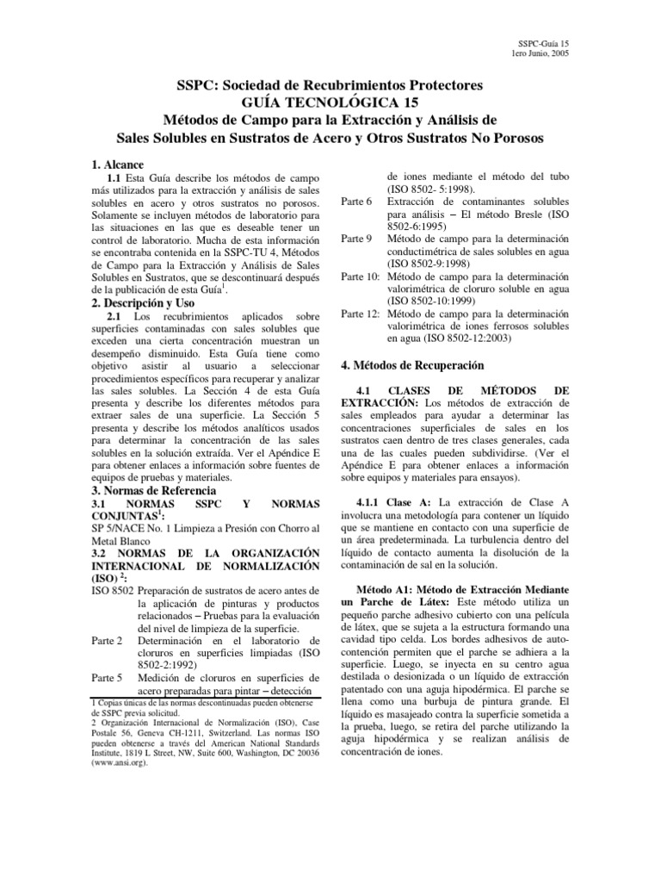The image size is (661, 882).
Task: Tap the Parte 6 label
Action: [x=357, y=201]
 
